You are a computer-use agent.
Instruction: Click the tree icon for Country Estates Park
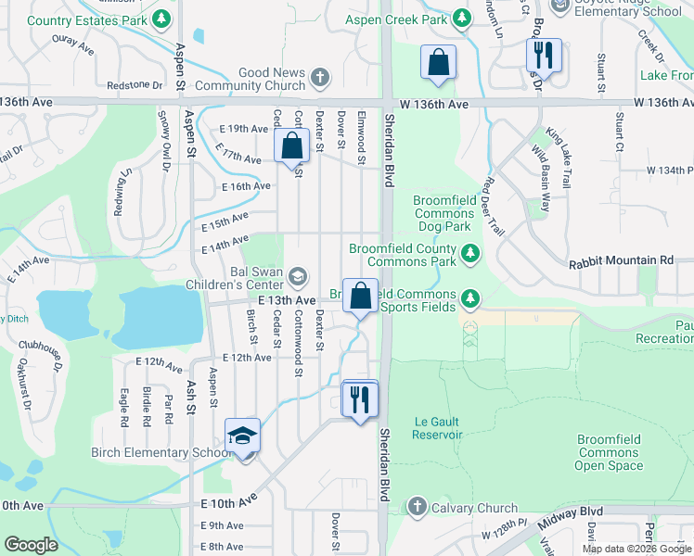[x=162, y=19]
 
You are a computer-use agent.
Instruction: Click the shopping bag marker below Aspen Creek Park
[x=438, y=63]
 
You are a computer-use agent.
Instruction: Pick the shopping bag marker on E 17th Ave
[x=292, y=146]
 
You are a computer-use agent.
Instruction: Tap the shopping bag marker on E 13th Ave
[x=360, y=297]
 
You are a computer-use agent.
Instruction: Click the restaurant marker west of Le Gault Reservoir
[x=360, y=398]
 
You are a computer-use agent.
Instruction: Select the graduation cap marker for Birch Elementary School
[x=243, y=436]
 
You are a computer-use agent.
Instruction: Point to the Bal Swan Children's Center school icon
[x=298, y=276]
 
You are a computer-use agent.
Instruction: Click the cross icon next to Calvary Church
[x=418, y=507]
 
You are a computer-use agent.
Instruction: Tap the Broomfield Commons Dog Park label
[x=444, y=213]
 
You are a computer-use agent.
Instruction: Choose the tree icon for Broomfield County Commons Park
[x=470, y=251]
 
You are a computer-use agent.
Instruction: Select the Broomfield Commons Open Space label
[x=609, y=452]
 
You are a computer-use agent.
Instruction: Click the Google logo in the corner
[x=32, y=545]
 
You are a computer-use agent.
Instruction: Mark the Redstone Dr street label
[x=135, y=85]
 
